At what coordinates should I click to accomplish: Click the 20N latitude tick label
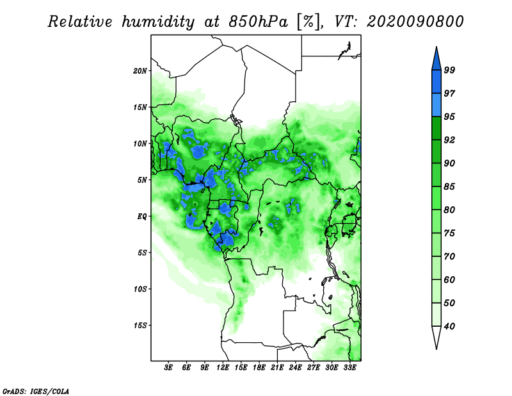[140, 70]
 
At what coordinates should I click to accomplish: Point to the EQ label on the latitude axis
[142, 216]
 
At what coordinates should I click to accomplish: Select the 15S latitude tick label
[140, 326]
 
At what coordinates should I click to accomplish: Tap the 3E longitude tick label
[168, 368]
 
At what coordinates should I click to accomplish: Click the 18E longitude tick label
[259, 368]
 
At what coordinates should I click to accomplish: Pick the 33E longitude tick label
[349, 368]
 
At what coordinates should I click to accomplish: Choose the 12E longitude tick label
[223, 368]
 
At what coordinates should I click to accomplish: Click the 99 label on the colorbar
[449, 70]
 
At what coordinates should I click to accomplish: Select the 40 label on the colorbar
[449, 326]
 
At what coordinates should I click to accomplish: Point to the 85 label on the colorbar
[449, 186]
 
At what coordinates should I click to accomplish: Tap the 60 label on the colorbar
[449, 279]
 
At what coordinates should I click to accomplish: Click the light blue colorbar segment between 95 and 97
[436, 105]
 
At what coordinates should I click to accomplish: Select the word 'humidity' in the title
[158, 22]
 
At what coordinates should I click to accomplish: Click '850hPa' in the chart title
[259, 22]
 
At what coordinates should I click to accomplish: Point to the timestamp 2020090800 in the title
[415, 22]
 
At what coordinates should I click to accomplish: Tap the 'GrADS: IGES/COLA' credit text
[36, 392]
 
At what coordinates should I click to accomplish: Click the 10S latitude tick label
[140, 289]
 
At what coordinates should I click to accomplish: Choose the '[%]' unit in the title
[308, 22]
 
